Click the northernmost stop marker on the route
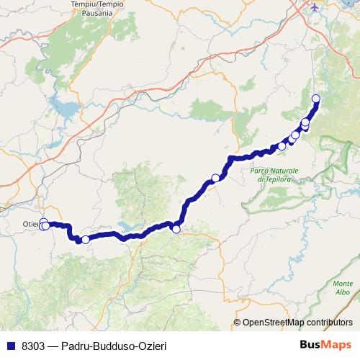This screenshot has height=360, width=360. coord(315,99)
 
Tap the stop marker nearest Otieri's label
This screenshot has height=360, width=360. coord(45,226)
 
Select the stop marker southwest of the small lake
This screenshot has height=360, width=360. coord(85,240)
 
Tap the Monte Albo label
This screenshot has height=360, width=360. coord(343,287)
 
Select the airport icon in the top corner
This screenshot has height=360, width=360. coord(314,7)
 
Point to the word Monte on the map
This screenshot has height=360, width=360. coord(343,283)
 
